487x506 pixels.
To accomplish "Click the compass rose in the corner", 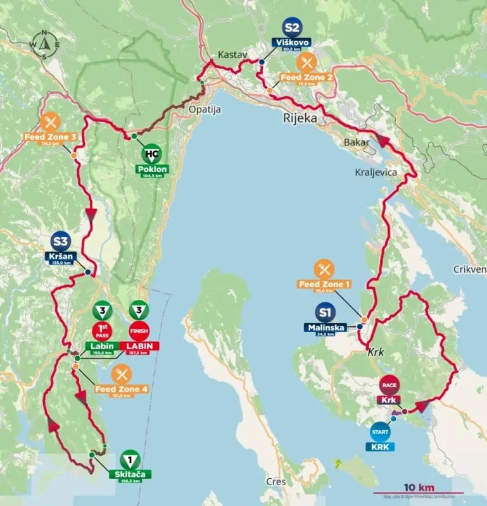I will point(44,44).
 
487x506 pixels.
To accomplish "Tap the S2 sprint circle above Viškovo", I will point(292,28).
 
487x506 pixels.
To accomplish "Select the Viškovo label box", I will point(292,44).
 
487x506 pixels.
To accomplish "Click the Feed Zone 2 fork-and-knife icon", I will point(307,62).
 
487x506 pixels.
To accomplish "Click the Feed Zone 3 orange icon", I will point(49,121).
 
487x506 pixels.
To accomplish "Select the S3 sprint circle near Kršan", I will point(61,242).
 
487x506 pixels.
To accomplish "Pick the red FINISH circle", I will point(139,331).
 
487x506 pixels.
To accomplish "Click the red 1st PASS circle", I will point(101,331).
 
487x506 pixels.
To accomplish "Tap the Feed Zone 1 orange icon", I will point(324,268).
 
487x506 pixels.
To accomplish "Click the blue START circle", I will point(381,432).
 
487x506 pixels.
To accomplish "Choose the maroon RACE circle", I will point(388,385).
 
